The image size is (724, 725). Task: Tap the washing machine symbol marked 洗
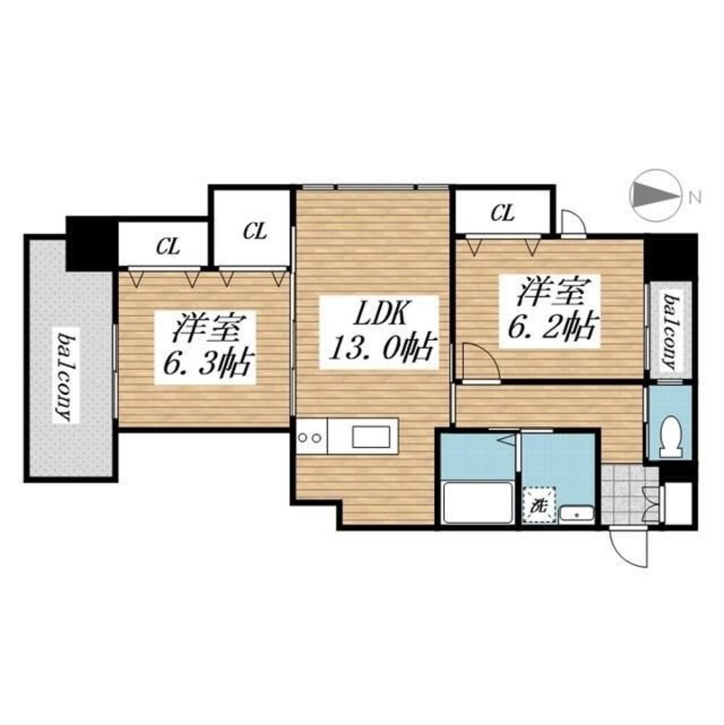[x=539, y=505]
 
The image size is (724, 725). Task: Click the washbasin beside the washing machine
[x=576, y=514]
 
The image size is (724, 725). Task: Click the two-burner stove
[x=311, y=437]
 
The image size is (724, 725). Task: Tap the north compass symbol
[x=656, y=195]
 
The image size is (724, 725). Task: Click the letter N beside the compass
[x=694, y=198]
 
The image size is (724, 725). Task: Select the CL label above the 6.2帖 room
[x=502, y=213]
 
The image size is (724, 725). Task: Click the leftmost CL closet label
[x=168, y=247]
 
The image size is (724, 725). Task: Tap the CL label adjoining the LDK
[x=255, y=231]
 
